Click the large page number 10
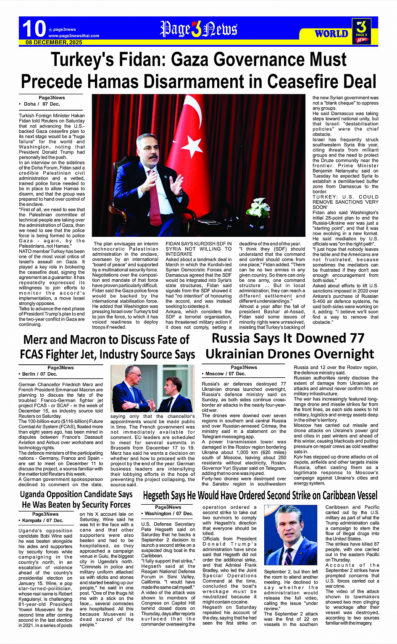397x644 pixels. pos(34,29)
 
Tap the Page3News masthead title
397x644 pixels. pos(198,29)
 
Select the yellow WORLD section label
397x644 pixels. pos(331,33)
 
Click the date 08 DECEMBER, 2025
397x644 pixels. pos(54,42)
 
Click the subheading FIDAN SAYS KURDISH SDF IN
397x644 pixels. pos(198,244)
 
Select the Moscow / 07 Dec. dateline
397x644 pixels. pos(226,374)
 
